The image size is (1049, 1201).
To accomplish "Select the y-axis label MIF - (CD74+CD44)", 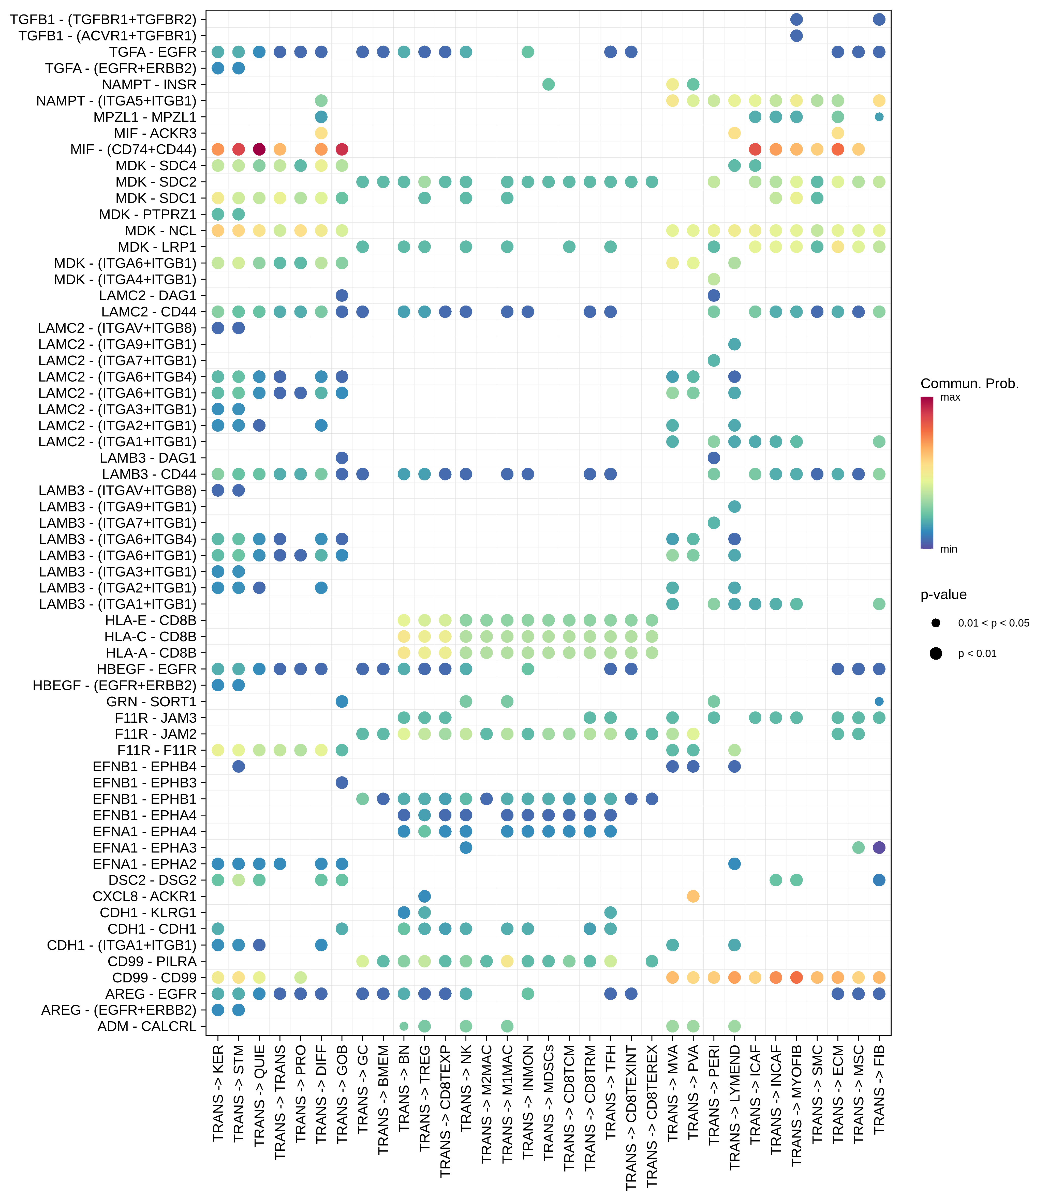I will point(134,150).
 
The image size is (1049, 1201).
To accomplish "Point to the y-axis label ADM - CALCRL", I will point(147,1026).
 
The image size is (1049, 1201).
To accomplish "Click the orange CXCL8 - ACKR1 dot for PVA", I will point(693,896).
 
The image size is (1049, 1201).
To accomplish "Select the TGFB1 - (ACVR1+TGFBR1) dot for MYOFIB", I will point(796,36).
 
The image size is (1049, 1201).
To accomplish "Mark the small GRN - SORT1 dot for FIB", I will point(879,702).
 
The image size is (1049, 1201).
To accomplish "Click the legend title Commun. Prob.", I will point(969,384).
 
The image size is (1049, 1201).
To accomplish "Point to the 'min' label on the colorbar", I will point(948,549).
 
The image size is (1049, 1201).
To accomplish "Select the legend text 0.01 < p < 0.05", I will point(993,623).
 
